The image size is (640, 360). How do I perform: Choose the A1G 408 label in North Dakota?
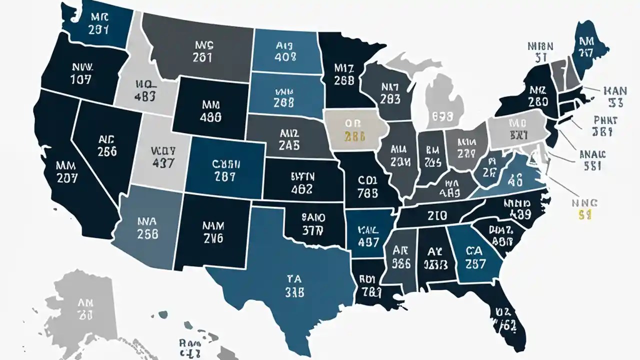[x=285, y=50]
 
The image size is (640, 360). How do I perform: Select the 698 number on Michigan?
[x=442, y=116]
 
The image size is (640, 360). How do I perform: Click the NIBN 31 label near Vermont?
[x=540, y=51]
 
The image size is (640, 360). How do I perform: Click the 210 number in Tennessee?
[x=437, y=215]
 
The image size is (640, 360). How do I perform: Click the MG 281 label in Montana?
[x=202, y=50]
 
